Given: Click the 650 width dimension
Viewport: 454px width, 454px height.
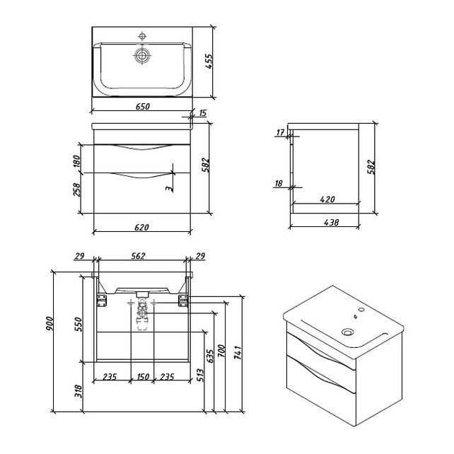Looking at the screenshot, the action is pyautogui.click(x=143, y=107).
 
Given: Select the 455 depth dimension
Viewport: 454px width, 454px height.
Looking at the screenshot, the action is pyautogui.click(x=209, y=62).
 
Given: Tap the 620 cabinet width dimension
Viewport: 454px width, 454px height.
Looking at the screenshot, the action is pyautogui.click(x=141, y=227).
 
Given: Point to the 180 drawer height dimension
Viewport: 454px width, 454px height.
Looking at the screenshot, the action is pyautogui.click(x=76, y=162).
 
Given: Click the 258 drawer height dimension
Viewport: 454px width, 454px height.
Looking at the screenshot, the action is pyautogui.click(x=77, y=190).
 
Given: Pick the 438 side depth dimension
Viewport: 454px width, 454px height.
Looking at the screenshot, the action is pyautogui.click(x=331, y=222).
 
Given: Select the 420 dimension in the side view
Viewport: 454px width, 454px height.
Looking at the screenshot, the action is pyautogui.click(x=327, y=199).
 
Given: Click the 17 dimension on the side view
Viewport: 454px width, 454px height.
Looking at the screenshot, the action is pyautogui.click(x=280, y=133).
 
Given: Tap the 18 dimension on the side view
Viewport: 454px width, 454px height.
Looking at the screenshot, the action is pyautogui.click(x=279, y=183).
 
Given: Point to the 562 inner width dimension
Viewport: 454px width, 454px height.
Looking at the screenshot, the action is pyautogui.click(x=138, y=256).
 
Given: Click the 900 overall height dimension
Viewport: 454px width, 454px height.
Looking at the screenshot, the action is pyautogui.click(x=50, y=325).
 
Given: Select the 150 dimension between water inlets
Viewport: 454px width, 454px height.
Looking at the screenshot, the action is pyautogui.click(x=142, y=377).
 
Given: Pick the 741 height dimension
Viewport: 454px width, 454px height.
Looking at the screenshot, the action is pyautogui.click(x=238, y=352).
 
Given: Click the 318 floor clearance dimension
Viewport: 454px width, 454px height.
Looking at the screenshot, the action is pyautogui.click(x=78, y=392).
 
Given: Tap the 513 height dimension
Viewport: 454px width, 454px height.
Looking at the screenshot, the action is pyautogui.click(x=200, y=376).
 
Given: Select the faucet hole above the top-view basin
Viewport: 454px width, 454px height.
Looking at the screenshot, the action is pyautogui.click(x=142, y=36).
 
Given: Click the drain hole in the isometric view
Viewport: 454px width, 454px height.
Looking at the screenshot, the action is pyautogui.click(x=347, y=332).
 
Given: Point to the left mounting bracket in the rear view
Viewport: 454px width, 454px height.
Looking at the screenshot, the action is pyautogui.click(x=102, y=301).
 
